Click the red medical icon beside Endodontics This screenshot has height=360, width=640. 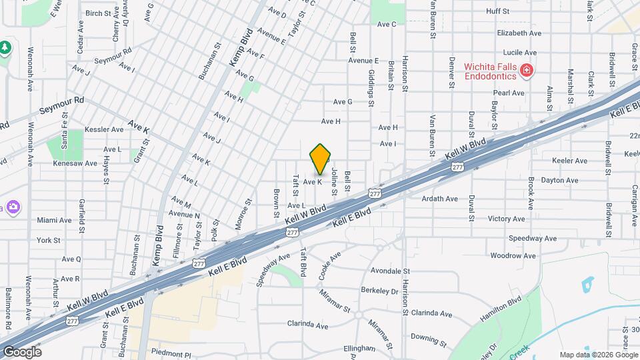coord(526,70)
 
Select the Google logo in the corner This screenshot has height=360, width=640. coord(22,351)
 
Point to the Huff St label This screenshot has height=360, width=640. coord(497,11)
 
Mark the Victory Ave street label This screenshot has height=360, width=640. coord(507,218)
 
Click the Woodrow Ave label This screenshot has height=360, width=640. coord(513,255)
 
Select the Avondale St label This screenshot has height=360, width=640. coord(390,271)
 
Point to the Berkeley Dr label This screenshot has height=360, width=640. coord(379,291)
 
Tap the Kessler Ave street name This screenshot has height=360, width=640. coord(105,129)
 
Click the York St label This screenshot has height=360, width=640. coord(49,240)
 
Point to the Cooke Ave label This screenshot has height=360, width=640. coord(330,263)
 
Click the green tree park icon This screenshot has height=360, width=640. coord(5,47)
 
